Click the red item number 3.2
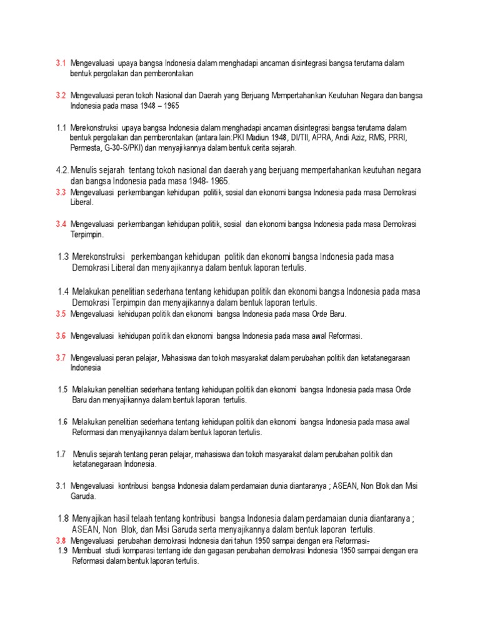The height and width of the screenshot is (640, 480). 61,95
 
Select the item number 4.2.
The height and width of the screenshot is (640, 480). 61,170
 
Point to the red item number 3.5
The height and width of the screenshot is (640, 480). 61,313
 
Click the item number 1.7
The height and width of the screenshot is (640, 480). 61,454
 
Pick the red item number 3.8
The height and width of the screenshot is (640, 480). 61,540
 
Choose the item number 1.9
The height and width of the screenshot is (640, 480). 62,551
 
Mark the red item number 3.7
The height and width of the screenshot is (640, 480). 61,357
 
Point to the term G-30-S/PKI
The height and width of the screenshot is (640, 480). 127,148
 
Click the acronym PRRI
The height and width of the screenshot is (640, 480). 398,137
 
